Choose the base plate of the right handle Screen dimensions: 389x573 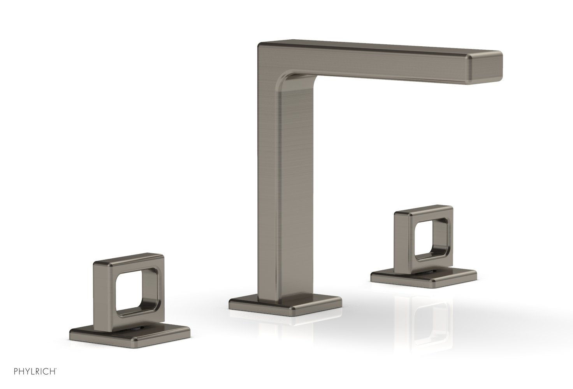424,277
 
